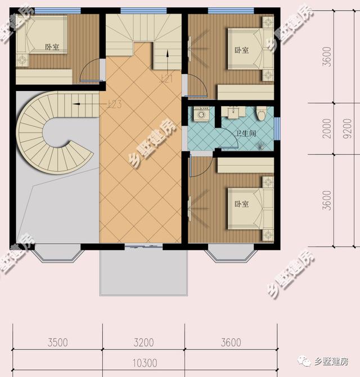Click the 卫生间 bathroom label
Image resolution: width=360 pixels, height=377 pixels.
pos(246,134)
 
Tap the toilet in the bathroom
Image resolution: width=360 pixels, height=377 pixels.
pos(260,115)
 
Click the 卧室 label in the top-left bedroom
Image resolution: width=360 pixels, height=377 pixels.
pos(52,47)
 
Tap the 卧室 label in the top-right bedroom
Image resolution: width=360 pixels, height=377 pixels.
pos(241,51)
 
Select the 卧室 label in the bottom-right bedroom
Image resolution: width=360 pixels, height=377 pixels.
pos(241,204)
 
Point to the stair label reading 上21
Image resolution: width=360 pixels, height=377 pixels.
pos(166,79)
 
